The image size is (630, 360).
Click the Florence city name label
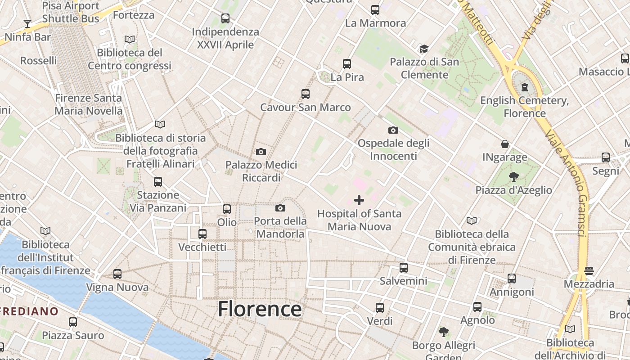[x=260, y=309]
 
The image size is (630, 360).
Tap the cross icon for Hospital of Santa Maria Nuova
[x=359, y=200]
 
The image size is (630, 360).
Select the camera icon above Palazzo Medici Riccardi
[x=261, y=152]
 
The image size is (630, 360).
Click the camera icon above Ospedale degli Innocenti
[x=393, y=130]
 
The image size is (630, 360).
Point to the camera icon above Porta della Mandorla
[x=280, y=208]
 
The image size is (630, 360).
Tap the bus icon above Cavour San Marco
[x=306, y=94]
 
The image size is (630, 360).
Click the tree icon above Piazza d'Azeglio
[x=513, y=177]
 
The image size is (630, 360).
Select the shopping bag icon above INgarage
[x=505, y=144]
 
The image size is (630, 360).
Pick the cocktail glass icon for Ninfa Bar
[x=27, y=23]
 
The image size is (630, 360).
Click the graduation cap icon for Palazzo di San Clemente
[x=424, y=49]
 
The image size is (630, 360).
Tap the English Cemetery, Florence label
[x=524, y=107]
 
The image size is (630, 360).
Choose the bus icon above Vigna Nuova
[x=117, y=274]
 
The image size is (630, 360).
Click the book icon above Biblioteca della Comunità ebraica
[x=472, y=220]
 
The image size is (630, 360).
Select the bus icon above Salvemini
[x=404, y=268]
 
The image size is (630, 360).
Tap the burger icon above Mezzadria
[x=589, y=270]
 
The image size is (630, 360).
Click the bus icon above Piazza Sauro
[x=73, y=322]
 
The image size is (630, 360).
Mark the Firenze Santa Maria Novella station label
[x=88, y=104]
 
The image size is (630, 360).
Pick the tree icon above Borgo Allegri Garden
[x=444, y=332]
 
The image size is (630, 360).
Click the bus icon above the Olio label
[x=227, y=209]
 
